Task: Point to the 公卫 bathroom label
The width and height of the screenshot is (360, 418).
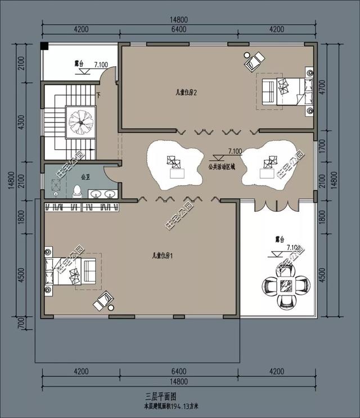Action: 85,176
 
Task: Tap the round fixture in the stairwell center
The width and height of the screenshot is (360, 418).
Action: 80,120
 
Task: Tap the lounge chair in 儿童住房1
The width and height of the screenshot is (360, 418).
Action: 103,301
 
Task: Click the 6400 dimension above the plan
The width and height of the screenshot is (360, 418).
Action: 178,30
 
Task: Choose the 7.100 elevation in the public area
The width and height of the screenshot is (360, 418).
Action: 235,151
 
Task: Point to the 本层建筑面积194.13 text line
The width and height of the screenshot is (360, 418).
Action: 179,405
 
